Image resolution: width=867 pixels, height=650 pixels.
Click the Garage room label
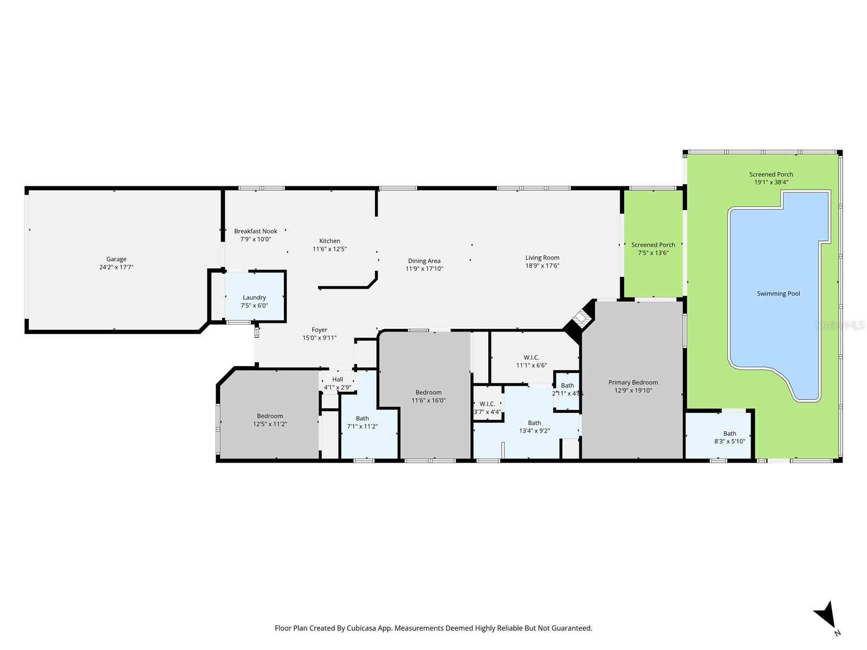click(x=116, y=259)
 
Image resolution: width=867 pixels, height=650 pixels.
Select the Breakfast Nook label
click(x=256, y=231)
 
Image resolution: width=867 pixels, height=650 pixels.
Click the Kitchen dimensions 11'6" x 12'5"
click(x=329, y=249)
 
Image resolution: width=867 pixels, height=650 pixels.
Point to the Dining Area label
click(x=424, y=261)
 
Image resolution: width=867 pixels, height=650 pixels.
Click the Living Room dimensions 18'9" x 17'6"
click(x=542, y=266)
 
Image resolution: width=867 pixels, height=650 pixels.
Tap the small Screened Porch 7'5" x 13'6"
click(x=653, y=249)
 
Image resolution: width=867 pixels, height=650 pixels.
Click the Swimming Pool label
click(x=778, y=294)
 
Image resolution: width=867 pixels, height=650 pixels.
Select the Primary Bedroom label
click(x=633, y=382)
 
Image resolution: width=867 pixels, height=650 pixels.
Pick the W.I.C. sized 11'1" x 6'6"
click(x=531, y=361)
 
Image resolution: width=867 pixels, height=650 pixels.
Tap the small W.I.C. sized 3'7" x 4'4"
click(x=487, y=408)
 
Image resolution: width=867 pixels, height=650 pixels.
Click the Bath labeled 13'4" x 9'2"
click(x=534, y=427)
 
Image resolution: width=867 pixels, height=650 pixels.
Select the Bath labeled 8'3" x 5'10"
click(x=729, y=437)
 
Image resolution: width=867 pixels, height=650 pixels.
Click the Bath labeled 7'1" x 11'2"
click(x=363, y=422)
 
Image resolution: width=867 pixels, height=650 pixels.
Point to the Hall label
click(x=338, y=380)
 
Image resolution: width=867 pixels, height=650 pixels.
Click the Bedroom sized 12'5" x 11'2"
click(x=270, y=420)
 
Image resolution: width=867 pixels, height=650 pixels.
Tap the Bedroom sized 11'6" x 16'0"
click(x=428, y=396)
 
